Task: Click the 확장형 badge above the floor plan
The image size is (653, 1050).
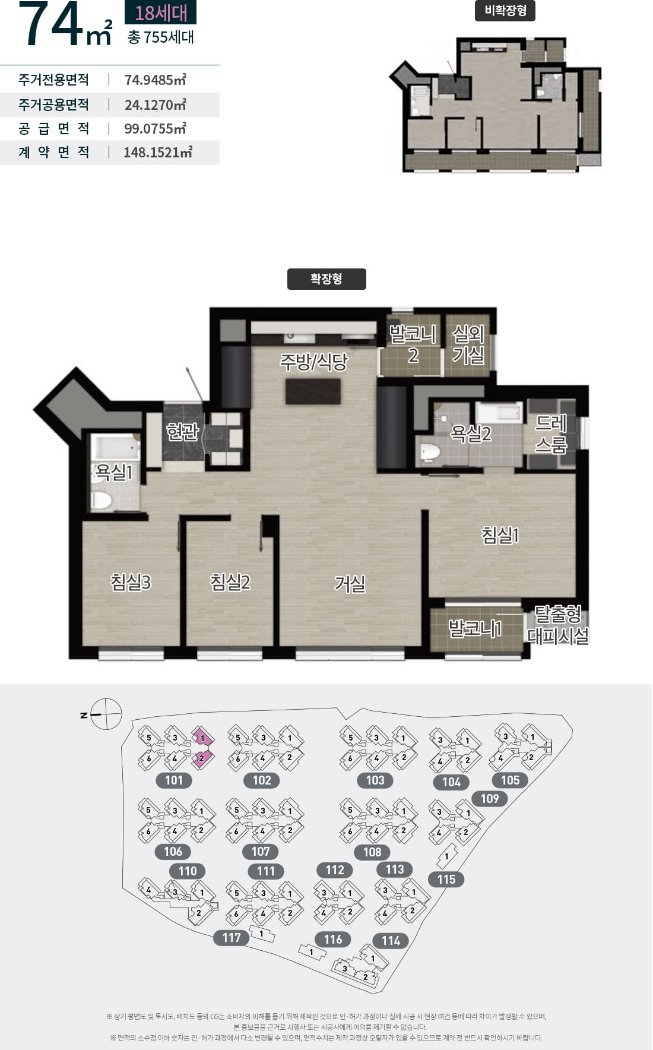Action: tap(326, 279)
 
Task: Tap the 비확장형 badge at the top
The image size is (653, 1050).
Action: tap(505, 11)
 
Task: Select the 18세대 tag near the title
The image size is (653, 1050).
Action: tap(160, 12)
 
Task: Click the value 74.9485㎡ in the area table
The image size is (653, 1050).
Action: tap(156, 80)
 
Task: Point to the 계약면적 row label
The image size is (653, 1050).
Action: tap(54, 152)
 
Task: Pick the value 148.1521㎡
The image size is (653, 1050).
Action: tap(158, 152)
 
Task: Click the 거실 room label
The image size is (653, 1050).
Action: tap(350, 584)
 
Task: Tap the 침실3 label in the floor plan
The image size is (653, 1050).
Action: tap(131, 581)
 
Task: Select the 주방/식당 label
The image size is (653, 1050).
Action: tap(314, 362)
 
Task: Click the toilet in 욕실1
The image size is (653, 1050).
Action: tap(102, 501)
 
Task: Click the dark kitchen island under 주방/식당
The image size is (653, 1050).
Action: tap(313, 391)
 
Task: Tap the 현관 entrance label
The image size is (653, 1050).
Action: tap(183, 432)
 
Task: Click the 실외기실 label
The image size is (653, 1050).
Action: tap(468, 344)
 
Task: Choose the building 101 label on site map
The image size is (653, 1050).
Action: tap(174, 780)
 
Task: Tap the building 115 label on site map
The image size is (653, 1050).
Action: tap(446, 880)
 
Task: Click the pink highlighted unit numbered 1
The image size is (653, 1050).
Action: tap(202, 738)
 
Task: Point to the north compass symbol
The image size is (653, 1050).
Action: tap(106, 714)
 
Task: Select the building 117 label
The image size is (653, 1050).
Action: tap(232, 938)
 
